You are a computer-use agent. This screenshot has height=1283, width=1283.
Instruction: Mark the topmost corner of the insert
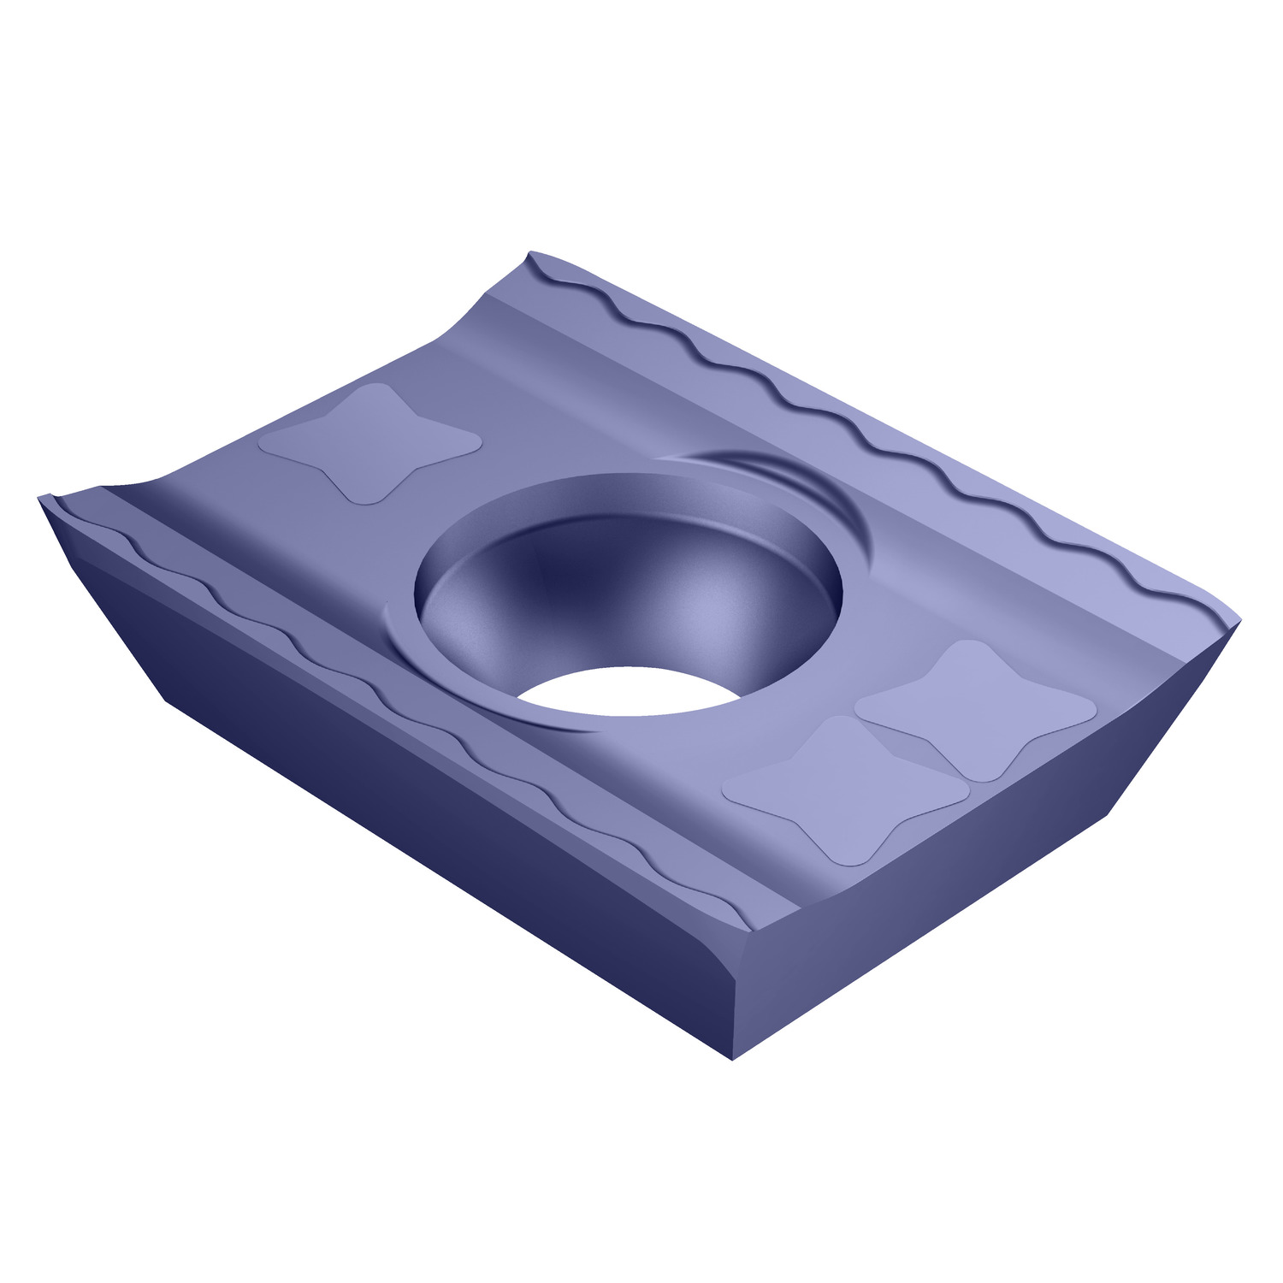[x=531, y=253]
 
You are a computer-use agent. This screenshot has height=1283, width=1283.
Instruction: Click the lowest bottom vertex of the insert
[x=733, y=1059]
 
